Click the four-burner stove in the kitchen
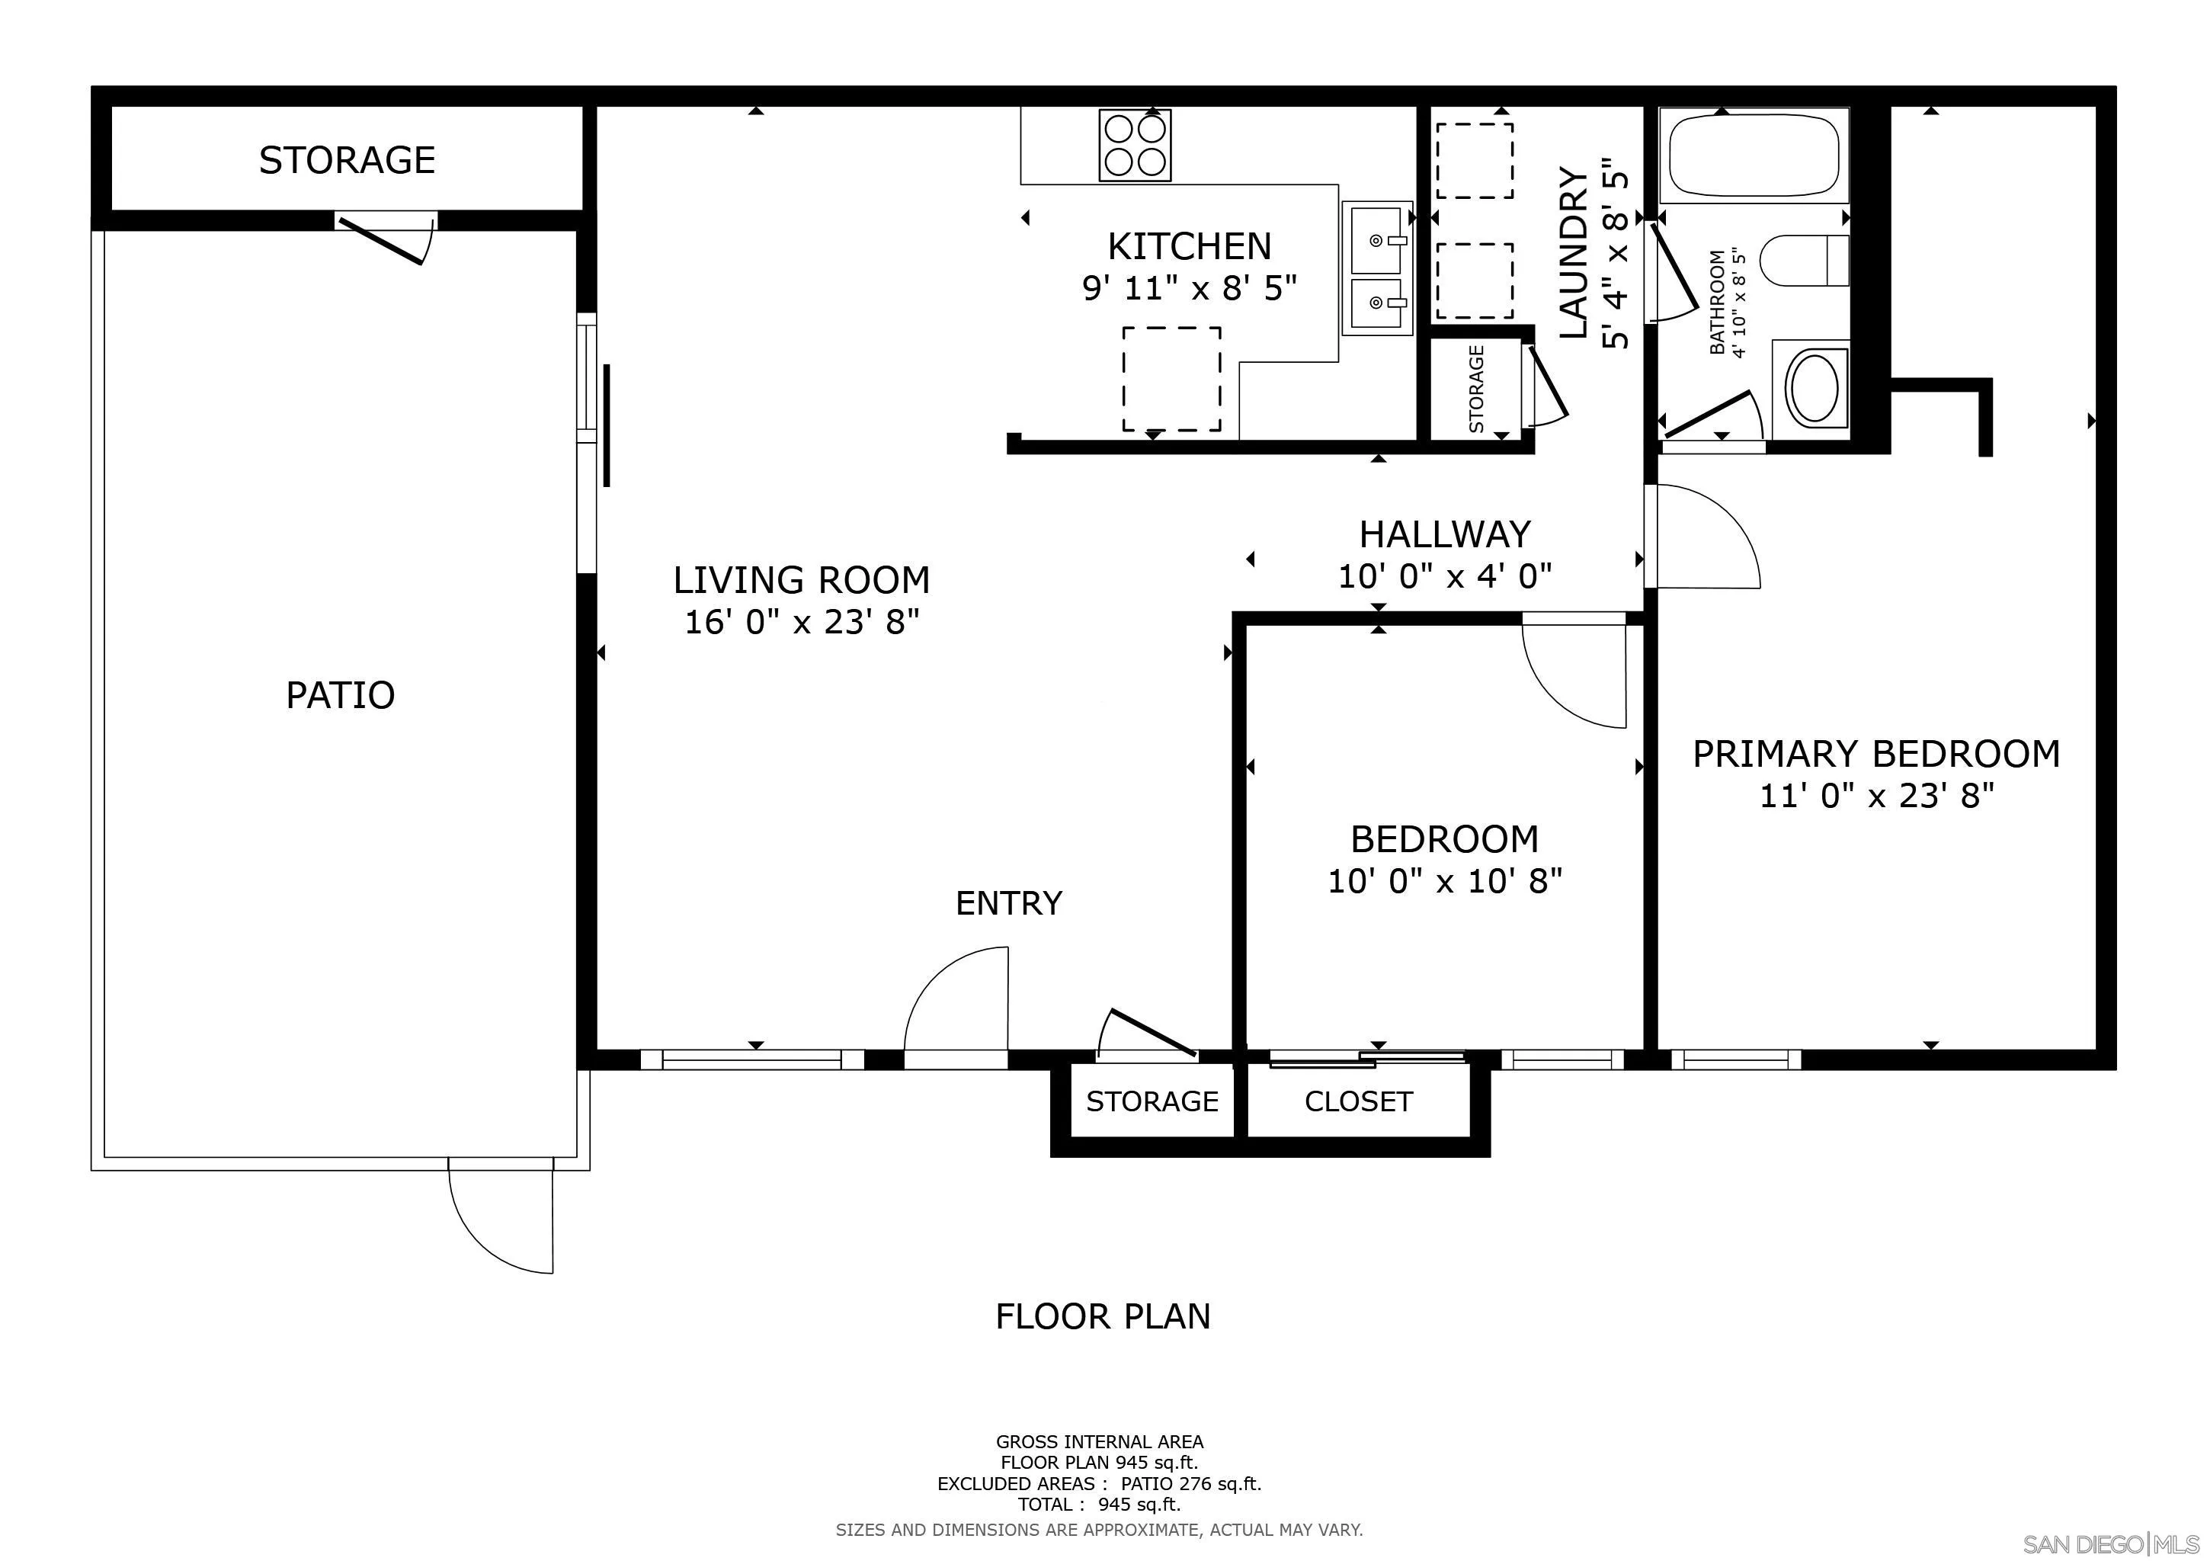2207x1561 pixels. pyautogui.click(x=1136, y=144)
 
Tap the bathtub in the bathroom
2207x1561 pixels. pyautogui.click(x=1754, y=155)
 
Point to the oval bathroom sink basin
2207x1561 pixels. pyautogui.click(x=1812, y=386)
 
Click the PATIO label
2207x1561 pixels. pyautogui.click(x=341, y=695)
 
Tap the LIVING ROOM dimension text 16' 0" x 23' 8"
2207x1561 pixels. pyautogui.click(x=802, y=622)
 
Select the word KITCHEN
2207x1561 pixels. pyautogui.click(x=1189, y=247)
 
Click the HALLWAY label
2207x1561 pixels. pyautogui.click(x=1445, y=534)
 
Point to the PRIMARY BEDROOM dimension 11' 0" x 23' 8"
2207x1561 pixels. pyautogui.click(x=1876, y=796)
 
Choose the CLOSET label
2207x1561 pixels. pyautogui.click(x=1358, y=1101)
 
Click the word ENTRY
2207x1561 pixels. pyautogui.click(x=1008, y=903)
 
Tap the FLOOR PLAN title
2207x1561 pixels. pyautogui.click(x=1103, y=1316)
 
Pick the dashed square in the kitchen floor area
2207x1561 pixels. pyautogui.click(x=1172, y=379)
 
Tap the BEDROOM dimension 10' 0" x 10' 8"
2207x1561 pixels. pyautogui.click(x=1445, y=880)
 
